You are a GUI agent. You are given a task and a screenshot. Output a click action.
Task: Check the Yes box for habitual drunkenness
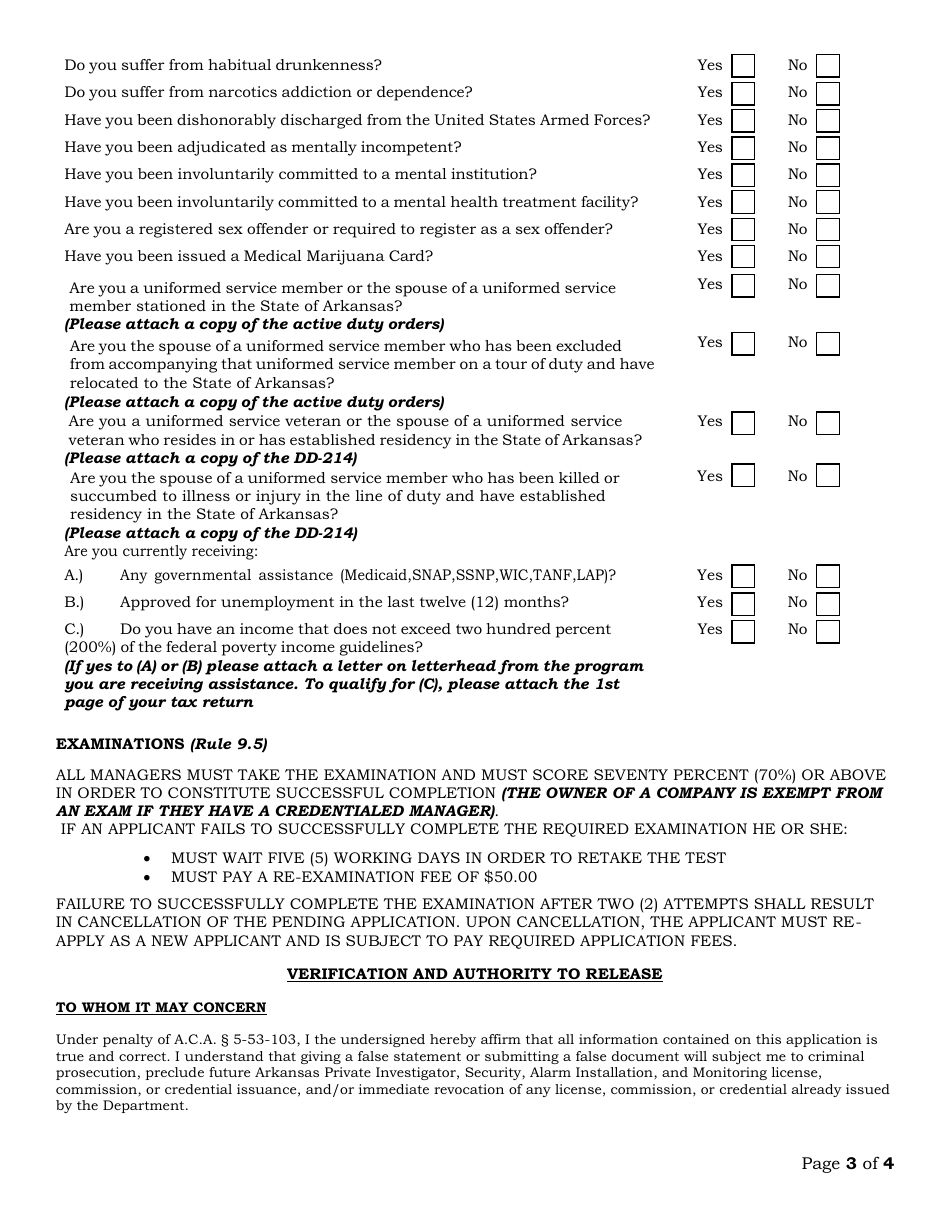pos(743,66)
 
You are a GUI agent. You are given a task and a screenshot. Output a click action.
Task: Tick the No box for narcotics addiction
pos(827,94)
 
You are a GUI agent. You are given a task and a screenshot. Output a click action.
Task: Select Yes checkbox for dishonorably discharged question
pos(743,121)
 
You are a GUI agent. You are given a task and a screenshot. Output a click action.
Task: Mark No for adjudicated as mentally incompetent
pos(827,148)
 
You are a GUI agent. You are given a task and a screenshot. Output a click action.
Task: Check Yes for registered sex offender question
pos(743,230)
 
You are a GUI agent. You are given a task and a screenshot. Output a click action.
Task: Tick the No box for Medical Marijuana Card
pos(827,258)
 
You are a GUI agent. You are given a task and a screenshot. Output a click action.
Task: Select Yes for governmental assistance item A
pos(743,577)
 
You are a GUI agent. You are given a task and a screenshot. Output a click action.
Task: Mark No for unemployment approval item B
pos(827,604)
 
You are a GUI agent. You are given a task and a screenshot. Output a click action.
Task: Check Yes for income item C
pos(743,631)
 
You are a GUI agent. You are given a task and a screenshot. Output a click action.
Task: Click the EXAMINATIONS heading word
pos(120,744)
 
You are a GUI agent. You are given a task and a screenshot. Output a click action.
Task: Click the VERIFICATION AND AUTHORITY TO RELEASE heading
pos(474,974)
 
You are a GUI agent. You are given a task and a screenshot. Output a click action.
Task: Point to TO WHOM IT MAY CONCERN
pos(161,1008)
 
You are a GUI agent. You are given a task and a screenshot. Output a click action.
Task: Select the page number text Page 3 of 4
pos(847,1163)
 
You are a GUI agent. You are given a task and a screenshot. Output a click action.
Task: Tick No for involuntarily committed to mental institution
pos(827,176)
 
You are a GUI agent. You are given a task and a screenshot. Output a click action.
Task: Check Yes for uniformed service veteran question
pos(743,424)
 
